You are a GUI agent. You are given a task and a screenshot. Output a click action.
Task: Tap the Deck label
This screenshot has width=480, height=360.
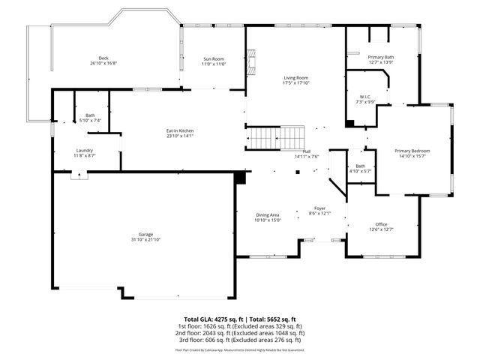(x=103, y=58)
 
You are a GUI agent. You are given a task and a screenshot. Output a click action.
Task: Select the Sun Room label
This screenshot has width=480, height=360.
(x=214, y=58)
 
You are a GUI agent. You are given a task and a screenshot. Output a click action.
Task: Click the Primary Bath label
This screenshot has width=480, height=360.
(x=380, y=57)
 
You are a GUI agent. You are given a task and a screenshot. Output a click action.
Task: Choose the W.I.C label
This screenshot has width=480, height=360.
(x=365, y=97)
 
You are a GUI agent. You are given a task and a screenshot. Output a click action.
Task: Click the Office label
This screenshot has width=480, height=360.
(x=381, y=224)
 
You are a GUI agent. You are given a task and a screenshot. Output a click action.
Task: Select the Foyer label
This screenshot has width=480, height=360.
(x=319, y=209)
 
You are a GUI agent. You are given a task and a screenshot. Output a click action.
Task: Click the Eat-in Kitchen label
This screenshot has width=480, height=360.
(x=180, y=131)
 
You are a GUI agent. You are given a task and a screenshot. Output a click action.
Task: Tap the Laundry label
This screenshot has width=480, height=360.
(x=84, y=150)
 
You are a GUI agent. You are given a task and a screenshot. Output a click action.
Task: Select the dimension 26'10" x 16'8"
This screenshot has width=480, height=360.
(x=103, y=63)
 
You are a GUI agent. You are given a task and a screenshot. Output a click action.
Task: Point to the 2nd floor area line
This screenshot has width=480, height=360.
(x=240, y=333)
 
